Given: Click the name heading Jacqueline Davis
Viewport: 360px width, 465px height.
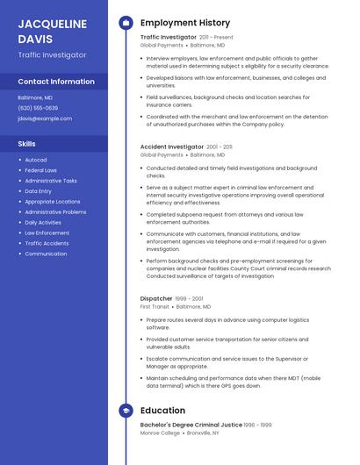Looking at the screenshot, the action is coord(48,31).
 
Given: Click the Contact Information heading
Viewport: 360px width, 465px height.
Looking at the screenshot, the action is coord(56,82).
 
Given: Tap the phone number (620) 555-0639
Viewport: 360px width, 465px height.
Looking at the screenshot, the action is coord(38,108).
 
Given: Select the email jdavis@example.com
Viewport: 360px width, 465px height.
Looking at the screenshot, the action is coord(45,118).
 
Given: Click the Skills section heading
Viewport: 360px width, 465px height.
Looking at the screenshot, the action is coord(27,143).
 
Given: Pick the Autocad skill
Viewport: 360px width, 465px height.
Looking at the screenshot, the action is coord(36,160).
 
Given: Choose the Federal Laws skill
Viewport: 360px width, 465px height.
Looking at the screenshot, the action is coord(41,170).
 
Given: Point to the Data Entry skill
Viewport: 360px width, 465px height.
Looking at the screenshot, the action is coord(39,191).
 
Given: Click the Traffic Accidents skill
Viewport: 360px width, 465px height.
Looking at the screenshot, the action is coord(47,243).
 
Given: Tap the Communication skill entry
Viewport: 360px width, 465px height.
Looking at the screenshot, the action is coord(46,254).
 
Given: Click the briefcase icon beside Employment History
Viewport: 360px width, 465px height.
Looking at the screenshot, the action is coord(126,23).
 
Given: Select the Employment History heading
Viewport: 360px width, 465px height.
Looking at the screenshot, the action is coord(185,23).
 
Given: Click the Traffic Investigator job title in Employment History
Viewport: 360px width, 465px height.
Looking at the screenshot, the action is coord(169,38).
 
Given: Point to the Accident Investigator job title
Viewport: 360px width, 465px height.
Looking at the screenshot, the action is coord(172,147).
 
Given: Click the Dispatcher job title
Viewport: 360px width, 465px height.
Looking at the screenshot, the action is coord(156,298).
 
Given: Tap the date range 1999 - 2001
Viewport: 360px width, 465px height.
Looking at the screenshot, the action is coord(191,298).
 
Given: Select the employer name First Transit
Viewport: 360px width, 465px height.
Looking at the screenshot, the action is coord(155,307).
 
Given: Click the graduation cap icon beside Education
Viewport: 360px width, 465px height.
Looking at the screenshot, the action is coord(126,411).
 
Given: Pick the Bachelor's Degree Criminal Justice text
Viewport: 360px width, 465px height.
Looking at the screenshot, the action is coord(191,425).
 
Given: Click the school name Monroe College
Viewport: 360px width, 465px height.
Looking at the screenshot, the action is coord(160,433).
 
